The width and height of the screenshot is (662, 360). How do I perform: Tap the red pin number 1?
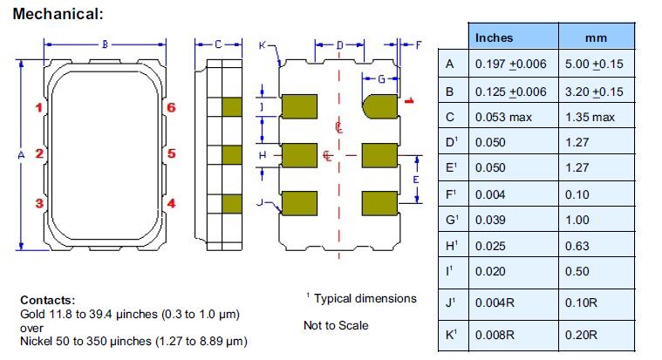38,108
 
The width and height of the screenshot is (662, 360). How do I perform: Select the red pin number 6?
171,108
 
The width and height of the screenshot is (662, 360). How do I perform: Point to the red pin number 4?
171,203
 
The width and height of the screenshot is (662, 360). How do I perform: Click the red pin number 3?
38,203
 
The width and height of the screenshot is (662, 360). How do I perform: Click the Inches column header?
494,37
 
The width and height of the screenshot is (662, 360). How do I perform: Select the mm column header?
597,37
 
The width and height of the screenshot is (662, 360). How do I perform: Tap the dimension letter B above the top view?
105,43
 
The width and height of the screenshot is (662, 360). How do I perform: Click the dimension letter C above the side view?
216,43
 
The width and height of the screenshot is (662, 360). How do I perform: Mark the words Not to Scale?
336,325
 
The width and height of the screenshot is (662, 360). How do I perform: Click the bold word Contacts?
47,299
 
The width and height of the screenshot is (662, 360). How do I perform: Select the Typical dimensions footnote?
364,299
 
